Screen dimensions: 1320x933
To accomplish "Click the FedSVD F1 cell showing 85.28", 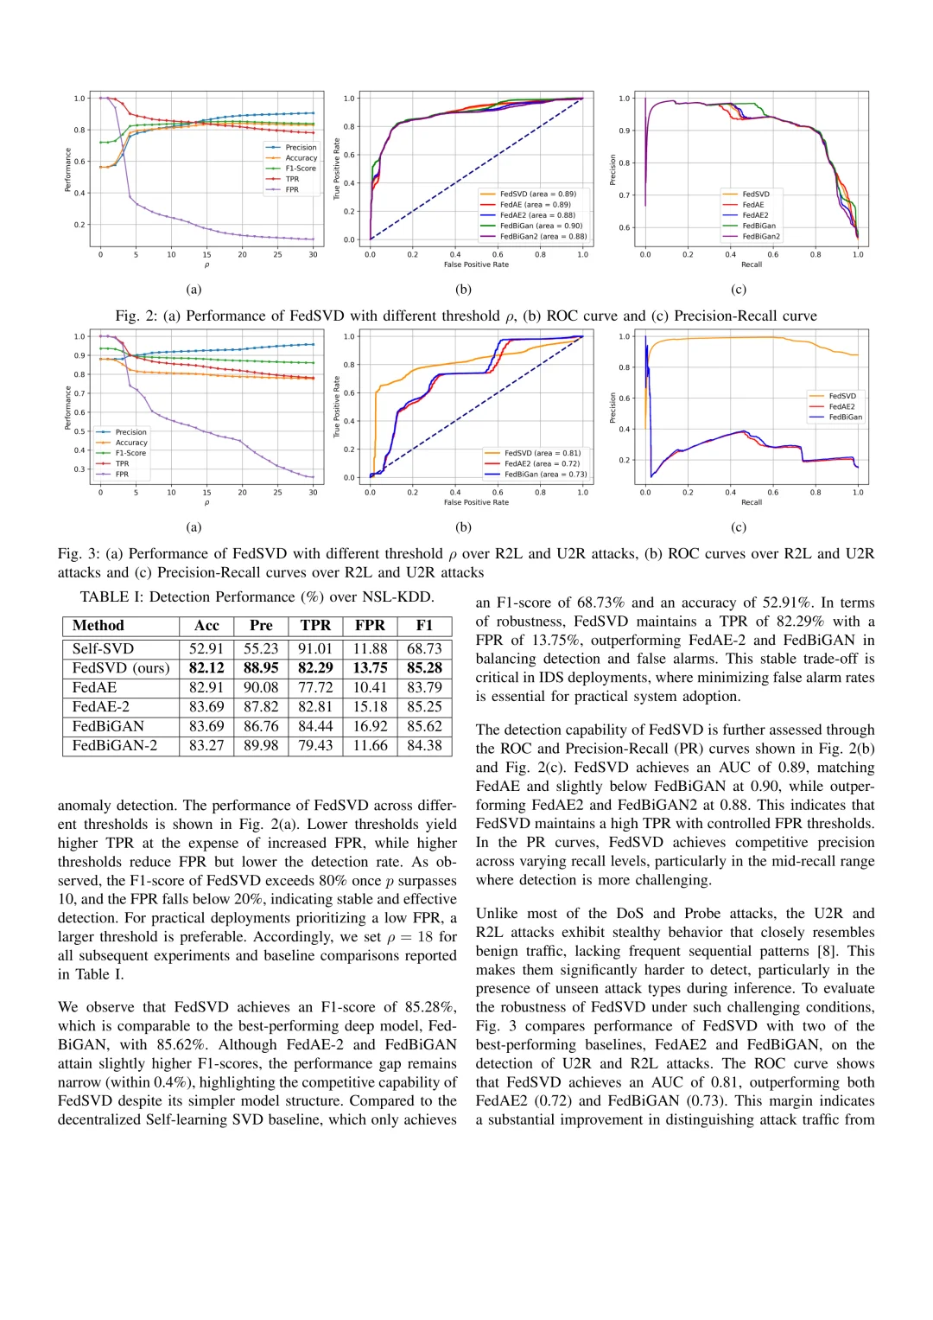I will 424,668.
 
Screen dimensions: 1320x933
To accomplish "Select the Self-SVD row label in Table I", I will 103,648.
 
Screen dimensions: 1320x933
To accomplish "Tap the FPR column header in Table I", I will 370,626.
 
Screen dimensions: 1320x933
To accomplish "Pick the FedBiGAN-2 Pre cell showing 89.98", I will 261,745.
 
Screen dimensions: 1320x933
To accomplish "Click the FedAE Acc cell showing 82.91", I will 206,687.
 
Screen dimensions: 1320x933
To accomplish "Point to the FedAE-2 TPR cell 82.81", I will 315,707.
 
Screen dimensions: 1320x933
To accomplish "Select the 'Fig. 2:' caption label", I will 138,316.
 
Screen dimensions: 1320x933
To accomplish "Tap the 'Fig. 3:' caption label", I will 80,554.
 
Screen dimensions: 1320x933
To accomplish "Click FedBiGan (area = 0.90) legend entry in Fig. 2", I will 541,226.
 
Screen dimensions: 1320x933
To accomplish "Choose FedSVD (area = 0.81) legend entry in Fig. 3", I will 543,453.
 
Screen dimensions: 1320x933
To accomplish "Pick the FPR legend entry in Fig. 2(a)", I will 292,190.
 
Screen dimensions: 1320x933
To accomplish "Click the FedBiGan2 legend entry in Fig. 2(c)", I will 761,236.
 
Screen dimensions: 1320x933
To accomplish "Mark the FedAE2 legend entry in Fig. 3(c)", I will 841,406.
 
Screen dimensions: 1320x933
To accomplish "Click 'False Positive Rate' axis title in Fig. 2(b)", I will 476,265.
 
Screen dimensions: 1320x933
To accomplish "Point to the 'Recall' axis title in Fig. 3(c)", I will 752,502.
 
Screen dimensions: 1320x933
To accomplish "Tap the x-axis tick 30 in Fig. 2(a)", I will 313,255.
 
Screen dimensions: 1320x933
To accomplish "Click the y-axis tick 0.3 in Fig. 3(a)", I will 79,469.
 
